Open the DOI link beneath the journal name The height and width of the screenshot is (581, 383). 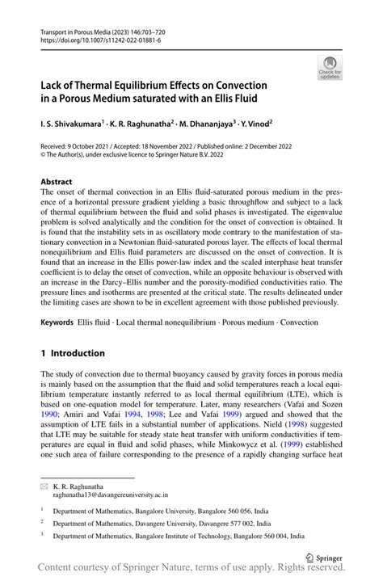coord(97,40)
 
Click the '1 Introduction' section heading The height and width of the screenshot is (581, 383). coord(78,353)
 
